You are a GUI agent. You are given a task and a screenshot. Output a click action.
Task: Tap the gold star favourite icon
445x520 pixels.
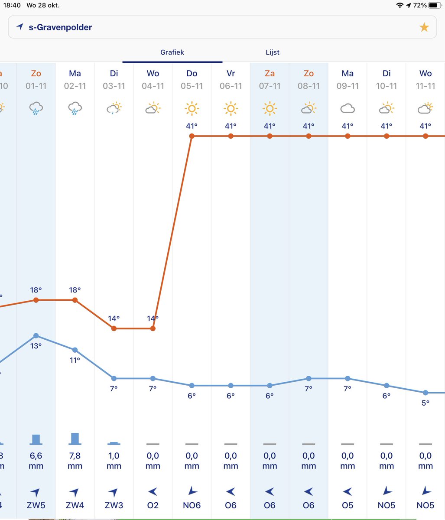point(424,28)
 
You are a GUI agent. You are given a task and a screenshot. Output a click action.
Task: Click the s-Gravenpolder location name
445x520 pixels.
point(60,27)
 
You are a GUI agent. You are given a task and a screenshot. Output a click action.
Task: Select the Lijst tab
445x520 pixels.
point(273,52)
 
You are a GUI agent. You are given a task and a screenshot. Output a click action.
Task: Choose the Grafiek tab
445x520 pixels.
point(172,52)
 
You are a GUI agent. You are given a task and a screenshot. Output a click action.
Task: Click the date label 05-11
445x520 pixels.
point(192,86)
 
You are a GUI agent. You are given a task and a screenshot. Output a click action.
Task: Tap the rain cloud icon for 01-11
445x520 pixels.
point(36,108)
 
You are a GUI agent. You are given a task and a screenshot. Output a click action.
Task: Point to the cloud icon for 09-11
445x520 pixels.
point(348,108)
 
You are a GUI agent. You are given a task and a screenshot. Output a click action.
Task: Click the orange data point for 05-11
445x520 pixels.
point(192,136)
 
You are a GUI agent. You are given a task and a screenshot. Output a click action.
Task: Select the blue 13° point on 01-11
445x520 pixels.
point(36,335)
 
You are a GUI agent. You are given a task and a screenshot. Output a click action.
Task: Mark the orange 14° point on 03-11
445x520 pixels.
point(114,328)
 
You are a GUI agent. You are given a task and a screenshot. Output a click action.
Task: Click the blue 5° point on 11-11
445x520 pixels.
point(426,393)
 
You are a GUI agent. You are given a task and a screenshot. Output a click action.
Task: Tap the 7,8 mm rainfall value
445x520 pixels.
point(75,461)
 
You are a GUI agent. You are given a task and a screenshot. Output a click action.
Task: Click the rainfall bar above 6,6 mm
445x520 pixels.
point(36,439)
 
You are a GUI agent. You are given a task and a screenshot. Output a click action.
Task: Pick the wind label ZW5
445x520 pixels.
point(36,506)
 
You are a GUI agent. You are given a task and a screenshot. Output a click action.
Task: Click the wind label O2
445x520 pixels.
point(153,506)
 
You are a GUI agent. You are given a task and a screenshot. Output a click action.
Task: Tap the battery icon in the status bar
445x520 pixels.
point(434,5)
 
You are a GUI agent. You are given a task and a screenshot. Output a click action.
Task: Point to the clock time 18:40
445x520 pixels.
point(12,5)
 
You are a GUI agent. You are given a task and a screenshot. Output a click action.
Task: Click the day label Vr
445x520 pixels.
point(231,74)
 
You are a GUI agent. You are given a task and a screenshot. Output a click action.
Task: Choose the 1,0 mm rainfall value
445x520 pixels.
point(114,461)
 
